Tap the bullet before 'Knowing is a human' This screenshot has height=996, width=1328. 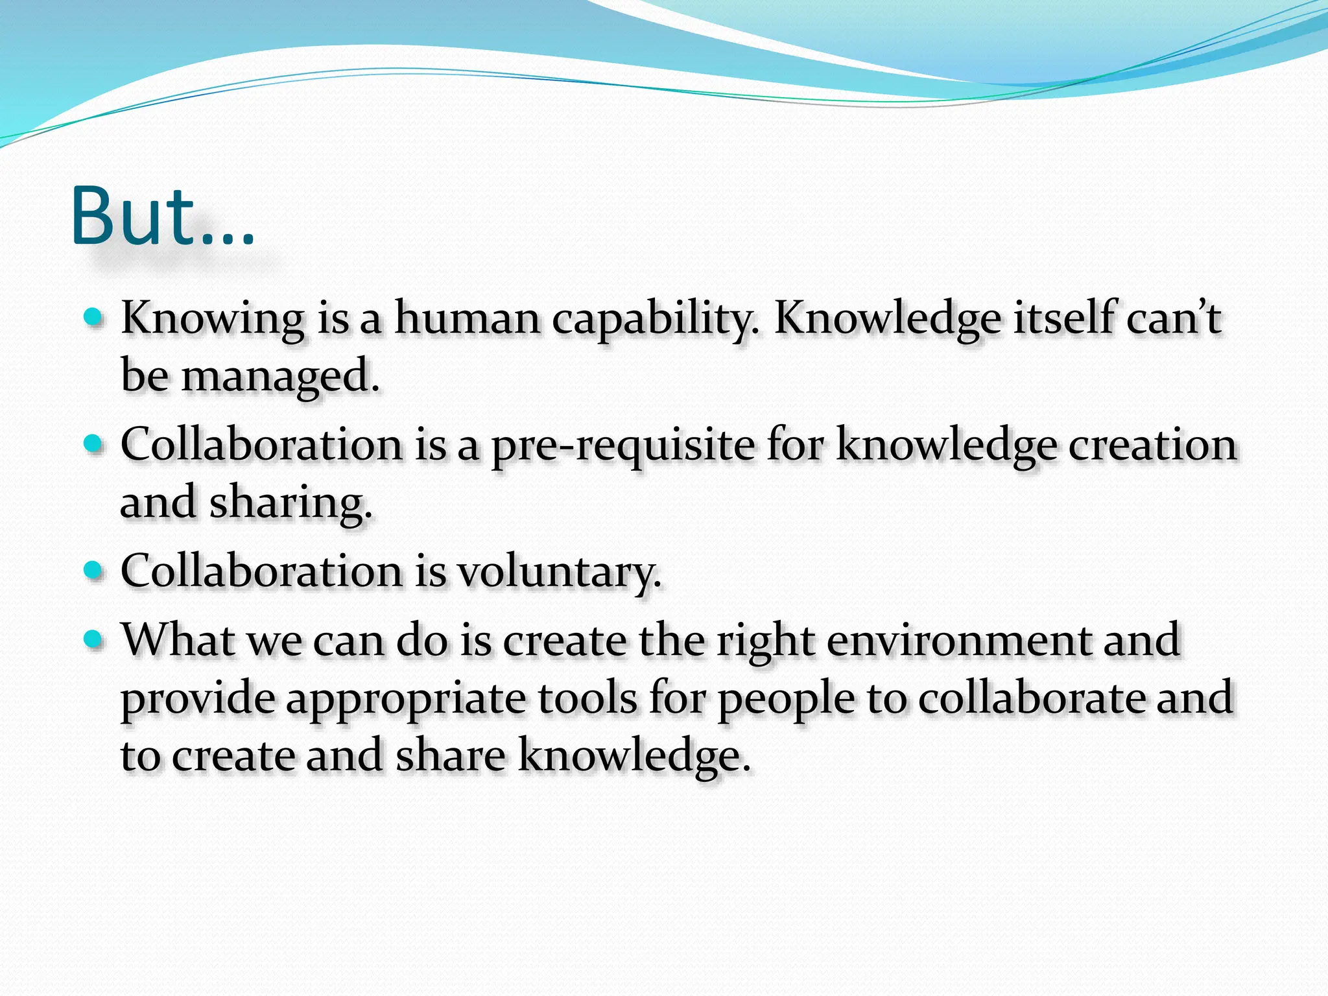click(94, 317)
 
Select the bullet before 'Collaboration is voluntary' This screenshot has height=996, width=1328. click(94, 570)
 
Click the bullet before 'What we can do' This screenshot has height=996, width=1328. click(94, 639)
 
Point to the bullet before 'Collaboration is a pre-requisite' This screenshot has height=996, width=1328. click(94, 444)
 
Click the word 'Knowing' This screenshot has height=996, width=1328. click(213, 319)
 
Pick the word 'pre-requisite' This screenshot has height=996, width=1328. click(622, 446)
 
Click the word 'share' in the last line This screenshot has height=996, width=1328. click(450, 756)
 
